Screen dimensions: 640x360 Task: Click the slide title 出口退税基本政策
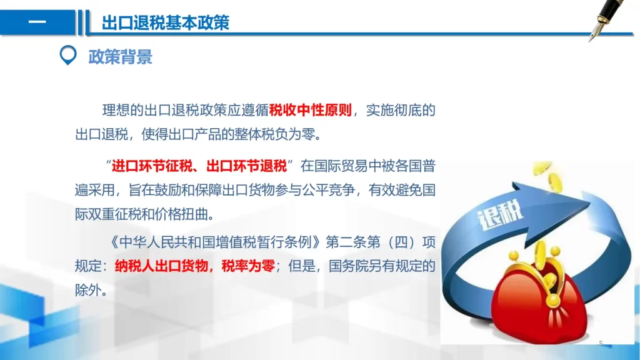click(165, 22)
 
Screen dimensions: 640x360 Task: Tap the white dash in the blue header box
click(37, 22)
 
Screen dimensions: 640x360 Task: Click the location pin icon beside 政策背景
click(68, 55)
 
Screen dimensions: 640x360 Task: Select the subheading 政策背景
click(121, 57)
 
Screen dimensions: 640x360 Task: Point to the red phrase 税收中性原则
click(310, 110)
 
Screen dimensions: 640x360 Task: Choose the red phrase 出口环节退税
click(246, 166)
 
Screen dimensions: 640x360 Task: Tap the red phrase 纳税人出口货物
click(161, 266)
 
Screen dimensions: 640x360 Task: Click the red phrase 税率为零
click(248, 266)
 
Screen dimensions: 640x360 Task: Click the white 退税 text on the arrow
click(501, 215)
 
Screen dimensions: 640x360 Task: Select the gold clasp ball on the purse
click(553, 301)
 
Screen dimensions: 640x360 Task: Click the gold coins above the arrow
click(549, 176)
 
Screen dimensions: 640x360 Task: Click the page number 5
click(601, 343)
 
